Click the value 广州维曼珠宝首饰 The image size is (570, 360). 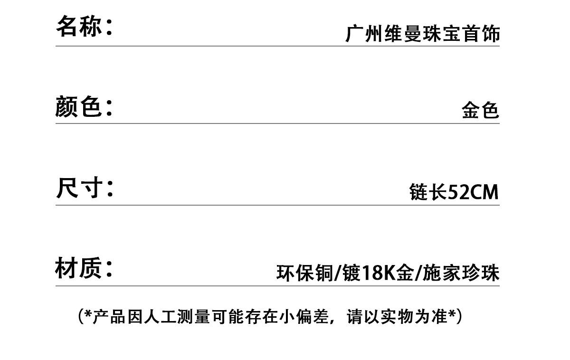click(x=422, y=34)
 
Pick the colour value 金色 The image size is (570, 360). click(x=480, y=111)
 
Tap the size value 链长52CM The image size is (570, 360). click(x=454, y=192)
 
